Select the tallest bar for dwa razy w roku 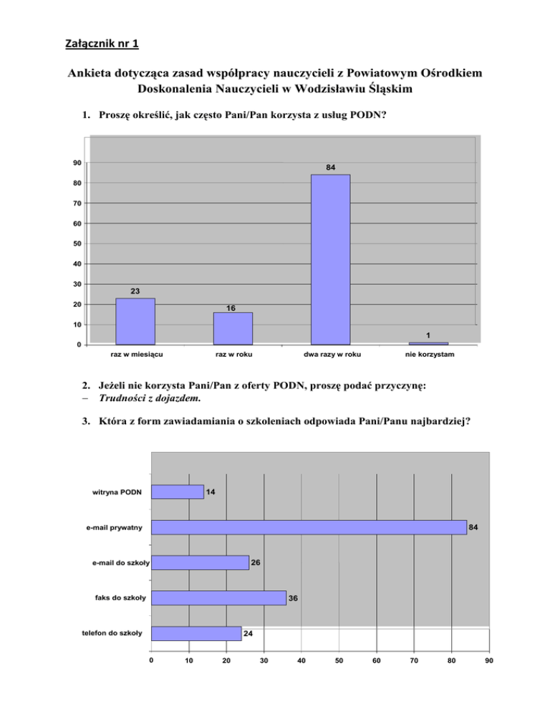330,259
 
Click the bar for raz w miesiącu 135,322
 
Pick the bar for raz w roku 233,329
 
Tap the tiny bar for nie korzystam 428,343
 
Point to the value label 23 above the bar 135,291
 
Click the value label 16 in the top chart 231,308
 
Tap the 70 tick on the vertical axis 76,203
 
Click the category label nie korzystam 428,355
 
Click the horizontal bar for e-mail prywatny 309,527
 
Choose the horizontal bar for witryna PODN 178,492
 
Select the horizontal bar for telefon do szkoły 196,633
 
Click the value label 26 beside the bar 256,563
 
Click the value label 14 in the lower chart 211,492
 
